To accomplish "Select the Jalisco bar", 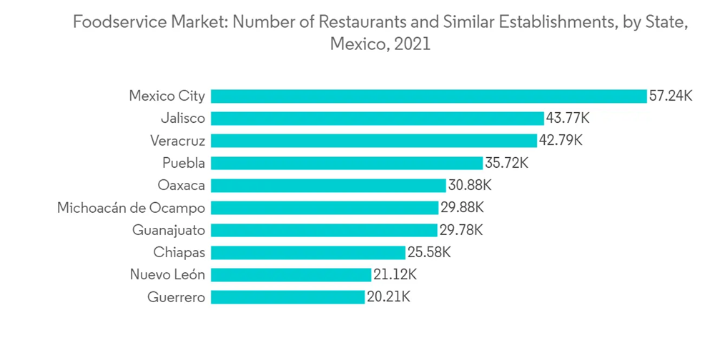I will pos(377,119).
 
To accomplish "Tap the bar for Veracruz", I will pos(373,141).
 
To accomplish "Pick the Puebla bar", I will pos(347,163).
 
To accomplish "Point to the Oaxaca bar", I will pos(328,186).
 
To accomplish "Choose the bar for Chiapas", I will pos(308,252).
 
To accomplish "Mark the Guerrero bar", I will pos(287,297).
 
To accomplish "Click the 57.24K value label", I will pos(671,96).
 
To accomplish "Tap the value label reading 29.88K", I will pos(462,208).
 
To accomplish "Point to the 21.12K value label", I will pos(395,275).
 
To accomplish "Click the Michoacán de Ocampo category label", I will pos(132,208).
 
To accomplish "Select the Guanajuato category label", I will pos(169,230).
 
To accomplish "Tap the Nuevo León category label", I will pos(167,275).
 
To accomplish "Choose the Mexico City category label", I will pos(167,96).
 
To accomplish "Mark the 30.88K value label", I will pos(470,186).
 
